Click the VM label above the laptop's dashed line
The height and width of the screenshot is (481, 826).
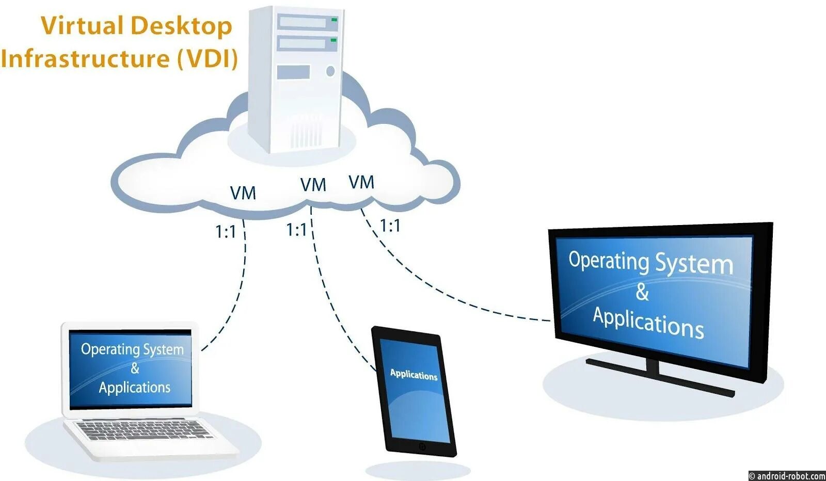click(x=243, y=194)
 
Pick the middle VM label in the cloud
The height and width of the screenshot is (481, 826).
click(x=313, y=185)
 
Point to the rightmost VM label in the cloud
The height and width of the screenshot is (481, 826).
click(x=361, y=182)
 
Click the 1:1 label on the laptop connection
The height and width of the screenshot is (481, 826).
click(x=225, y=232)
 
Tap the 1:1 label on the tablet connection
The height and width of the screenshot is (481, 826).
click(x=296, y=230)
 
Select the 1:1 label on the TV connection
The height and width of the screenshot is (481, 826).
click(x=390, y=226)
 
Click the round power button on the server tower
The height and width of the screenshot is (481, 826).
click(x=330, y=71)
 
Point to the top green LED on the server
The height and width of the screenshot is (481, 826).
click(x=334, y=20)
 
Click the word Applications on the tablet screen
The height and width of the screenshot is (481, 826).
click(x=414, y=375)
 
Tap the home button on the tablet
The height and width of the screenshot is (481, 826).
click(x=422, y=446)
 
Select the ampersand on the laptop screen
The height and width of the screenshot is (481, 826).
click(x=135, y=368)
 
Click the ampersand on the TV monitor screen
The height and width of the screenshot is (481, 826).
click(x=642, y=292)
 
